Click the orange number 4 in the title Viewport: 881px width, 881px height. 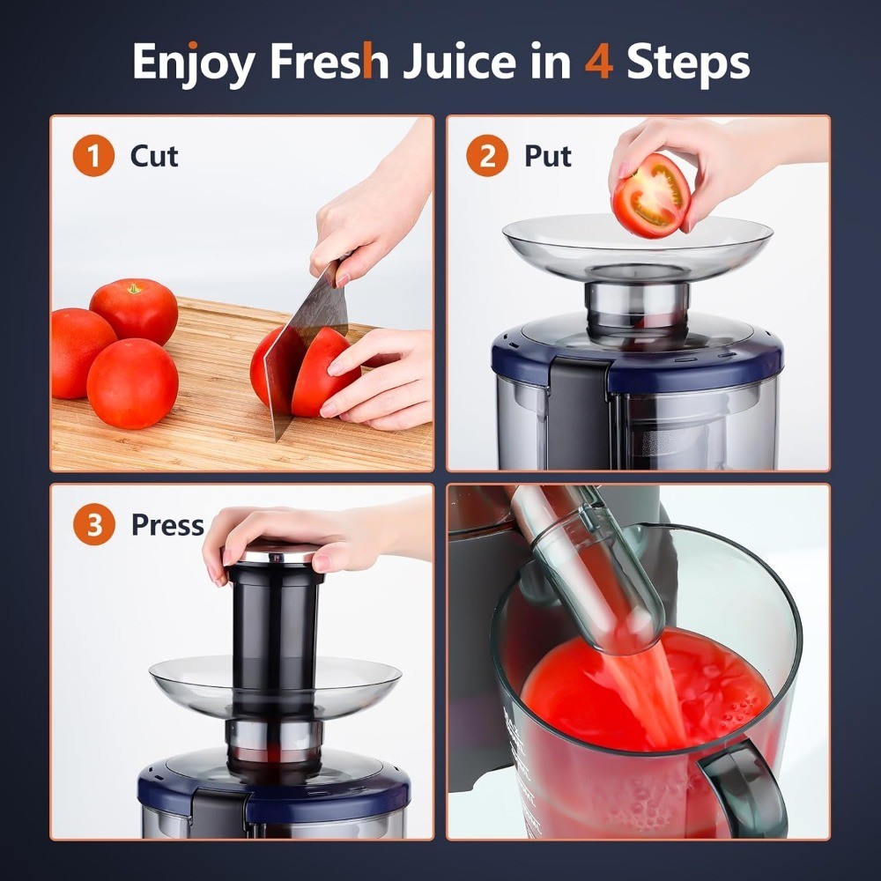point(598,61)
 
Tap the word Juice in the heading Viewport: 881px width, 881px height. point(459,61)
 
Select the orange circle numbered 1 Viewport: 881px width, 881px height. point(93,156)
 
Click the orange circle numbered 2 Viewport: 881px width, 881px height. point(487,156)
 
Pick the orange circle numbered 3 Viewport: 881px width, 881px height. point(94,524)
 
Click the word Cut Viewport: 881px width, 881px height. point(154,156)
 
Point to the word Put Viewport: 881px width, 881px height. point(548,156)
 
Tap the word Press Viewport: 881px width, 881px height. point(167,525)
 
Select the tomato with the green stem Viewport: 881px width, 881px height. point(134,311)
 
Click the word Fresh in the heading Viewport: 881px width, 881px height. point(329,61)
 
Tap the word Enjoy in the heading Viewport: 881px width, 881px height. point(193,63)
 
